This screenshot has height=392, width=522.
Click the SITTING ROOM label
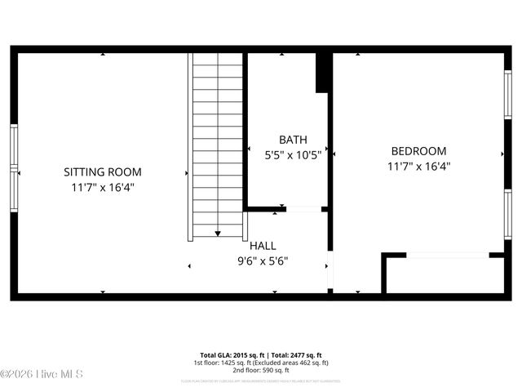click(103, 172)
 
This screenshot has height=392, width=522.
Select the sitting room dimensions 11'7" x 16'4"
click(103, 187)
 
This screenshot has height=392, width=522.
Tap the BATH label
click(293, 140)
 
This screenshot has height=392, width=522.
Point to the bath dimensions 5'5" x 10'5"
click(293, 154)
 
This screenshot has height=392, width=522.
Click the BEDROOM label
click(418, 151)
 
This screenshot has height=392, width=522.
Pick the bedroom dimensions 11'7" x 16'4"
click(418, 166)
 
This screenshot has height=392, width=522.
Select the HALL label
click(263, 246)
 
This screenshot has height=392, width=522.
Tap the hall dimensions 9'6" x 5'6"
click(263, 261)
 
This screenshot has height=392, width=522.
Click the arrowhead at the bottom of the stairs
click(218, 234)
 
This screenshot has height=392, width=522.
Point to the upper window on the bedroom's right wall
click(507, 96)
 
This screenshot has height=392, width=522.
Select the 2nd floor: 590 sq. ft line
click(261, 369)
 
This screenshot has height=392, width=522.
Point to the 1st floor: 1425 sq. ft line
click(261, 362)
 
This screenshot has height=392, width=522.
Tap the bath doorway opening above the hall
click(303, 210)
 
